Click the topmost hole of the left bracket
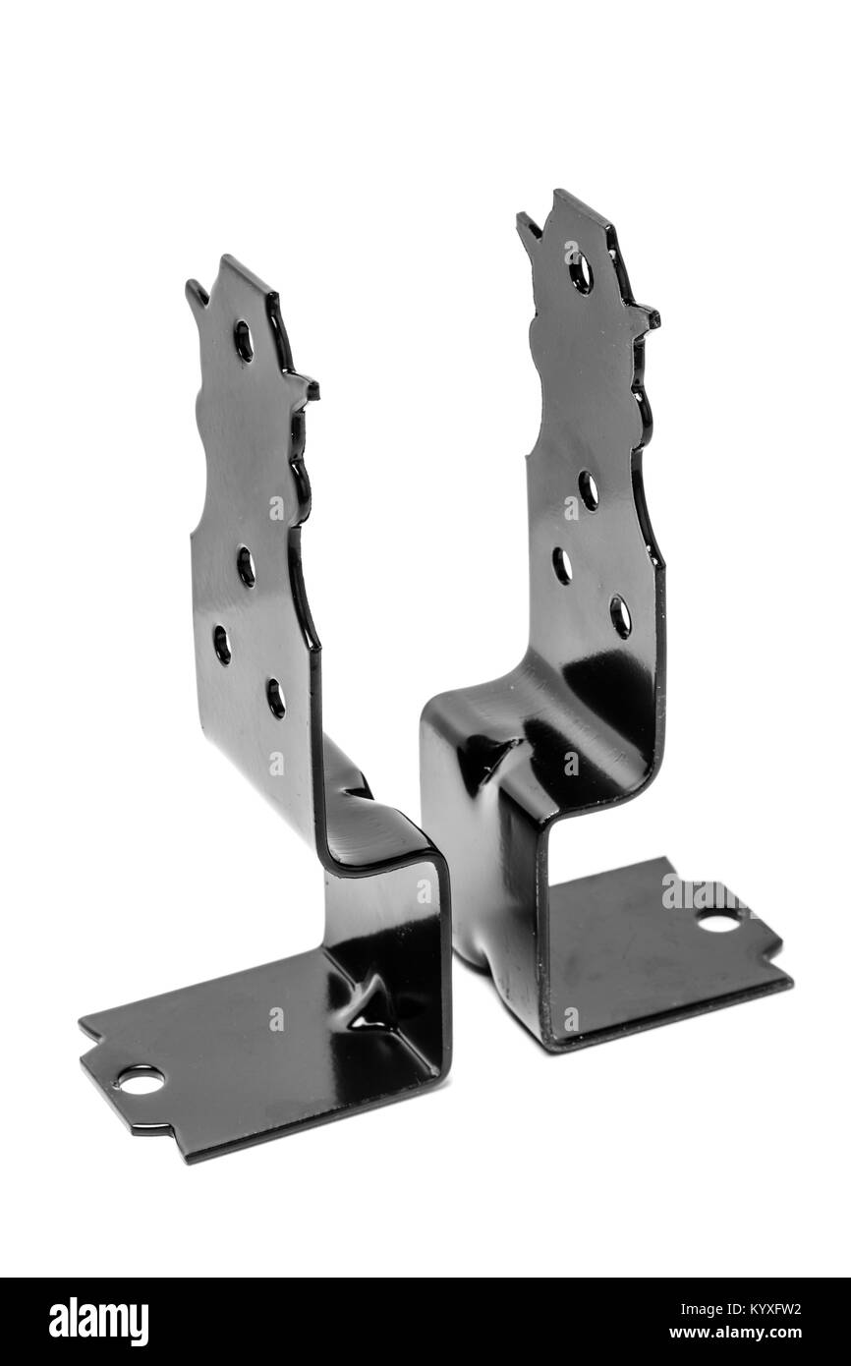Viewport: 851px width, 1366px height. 243,340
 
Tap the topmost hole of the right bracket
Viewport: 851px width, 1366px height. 581,271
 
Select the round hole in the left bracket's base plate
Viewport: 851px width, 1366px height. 141,1080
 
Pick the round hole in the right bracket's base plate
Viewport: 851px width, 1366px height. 718,921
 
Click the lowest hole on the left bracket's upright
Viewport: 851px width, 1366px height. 276,697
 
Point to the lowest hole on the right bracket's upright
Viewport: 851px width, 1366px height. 620,616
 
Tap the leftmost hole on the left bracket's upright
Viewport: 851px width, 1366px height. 222,644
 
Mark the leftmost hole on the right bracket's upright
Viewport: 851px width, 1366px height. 562,565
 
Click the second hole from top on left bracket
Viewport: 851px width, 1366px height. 246,566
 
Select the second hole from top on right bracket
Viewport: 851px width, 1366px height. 588,489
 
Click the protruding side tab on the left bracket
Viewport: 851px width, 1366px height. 307,387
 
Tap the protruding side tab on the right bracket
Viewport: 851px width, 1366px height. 647,317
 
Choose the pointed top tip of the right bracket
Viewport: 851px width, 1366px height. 527,220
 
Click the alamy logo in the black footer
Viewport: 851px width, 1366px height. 98,1322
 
